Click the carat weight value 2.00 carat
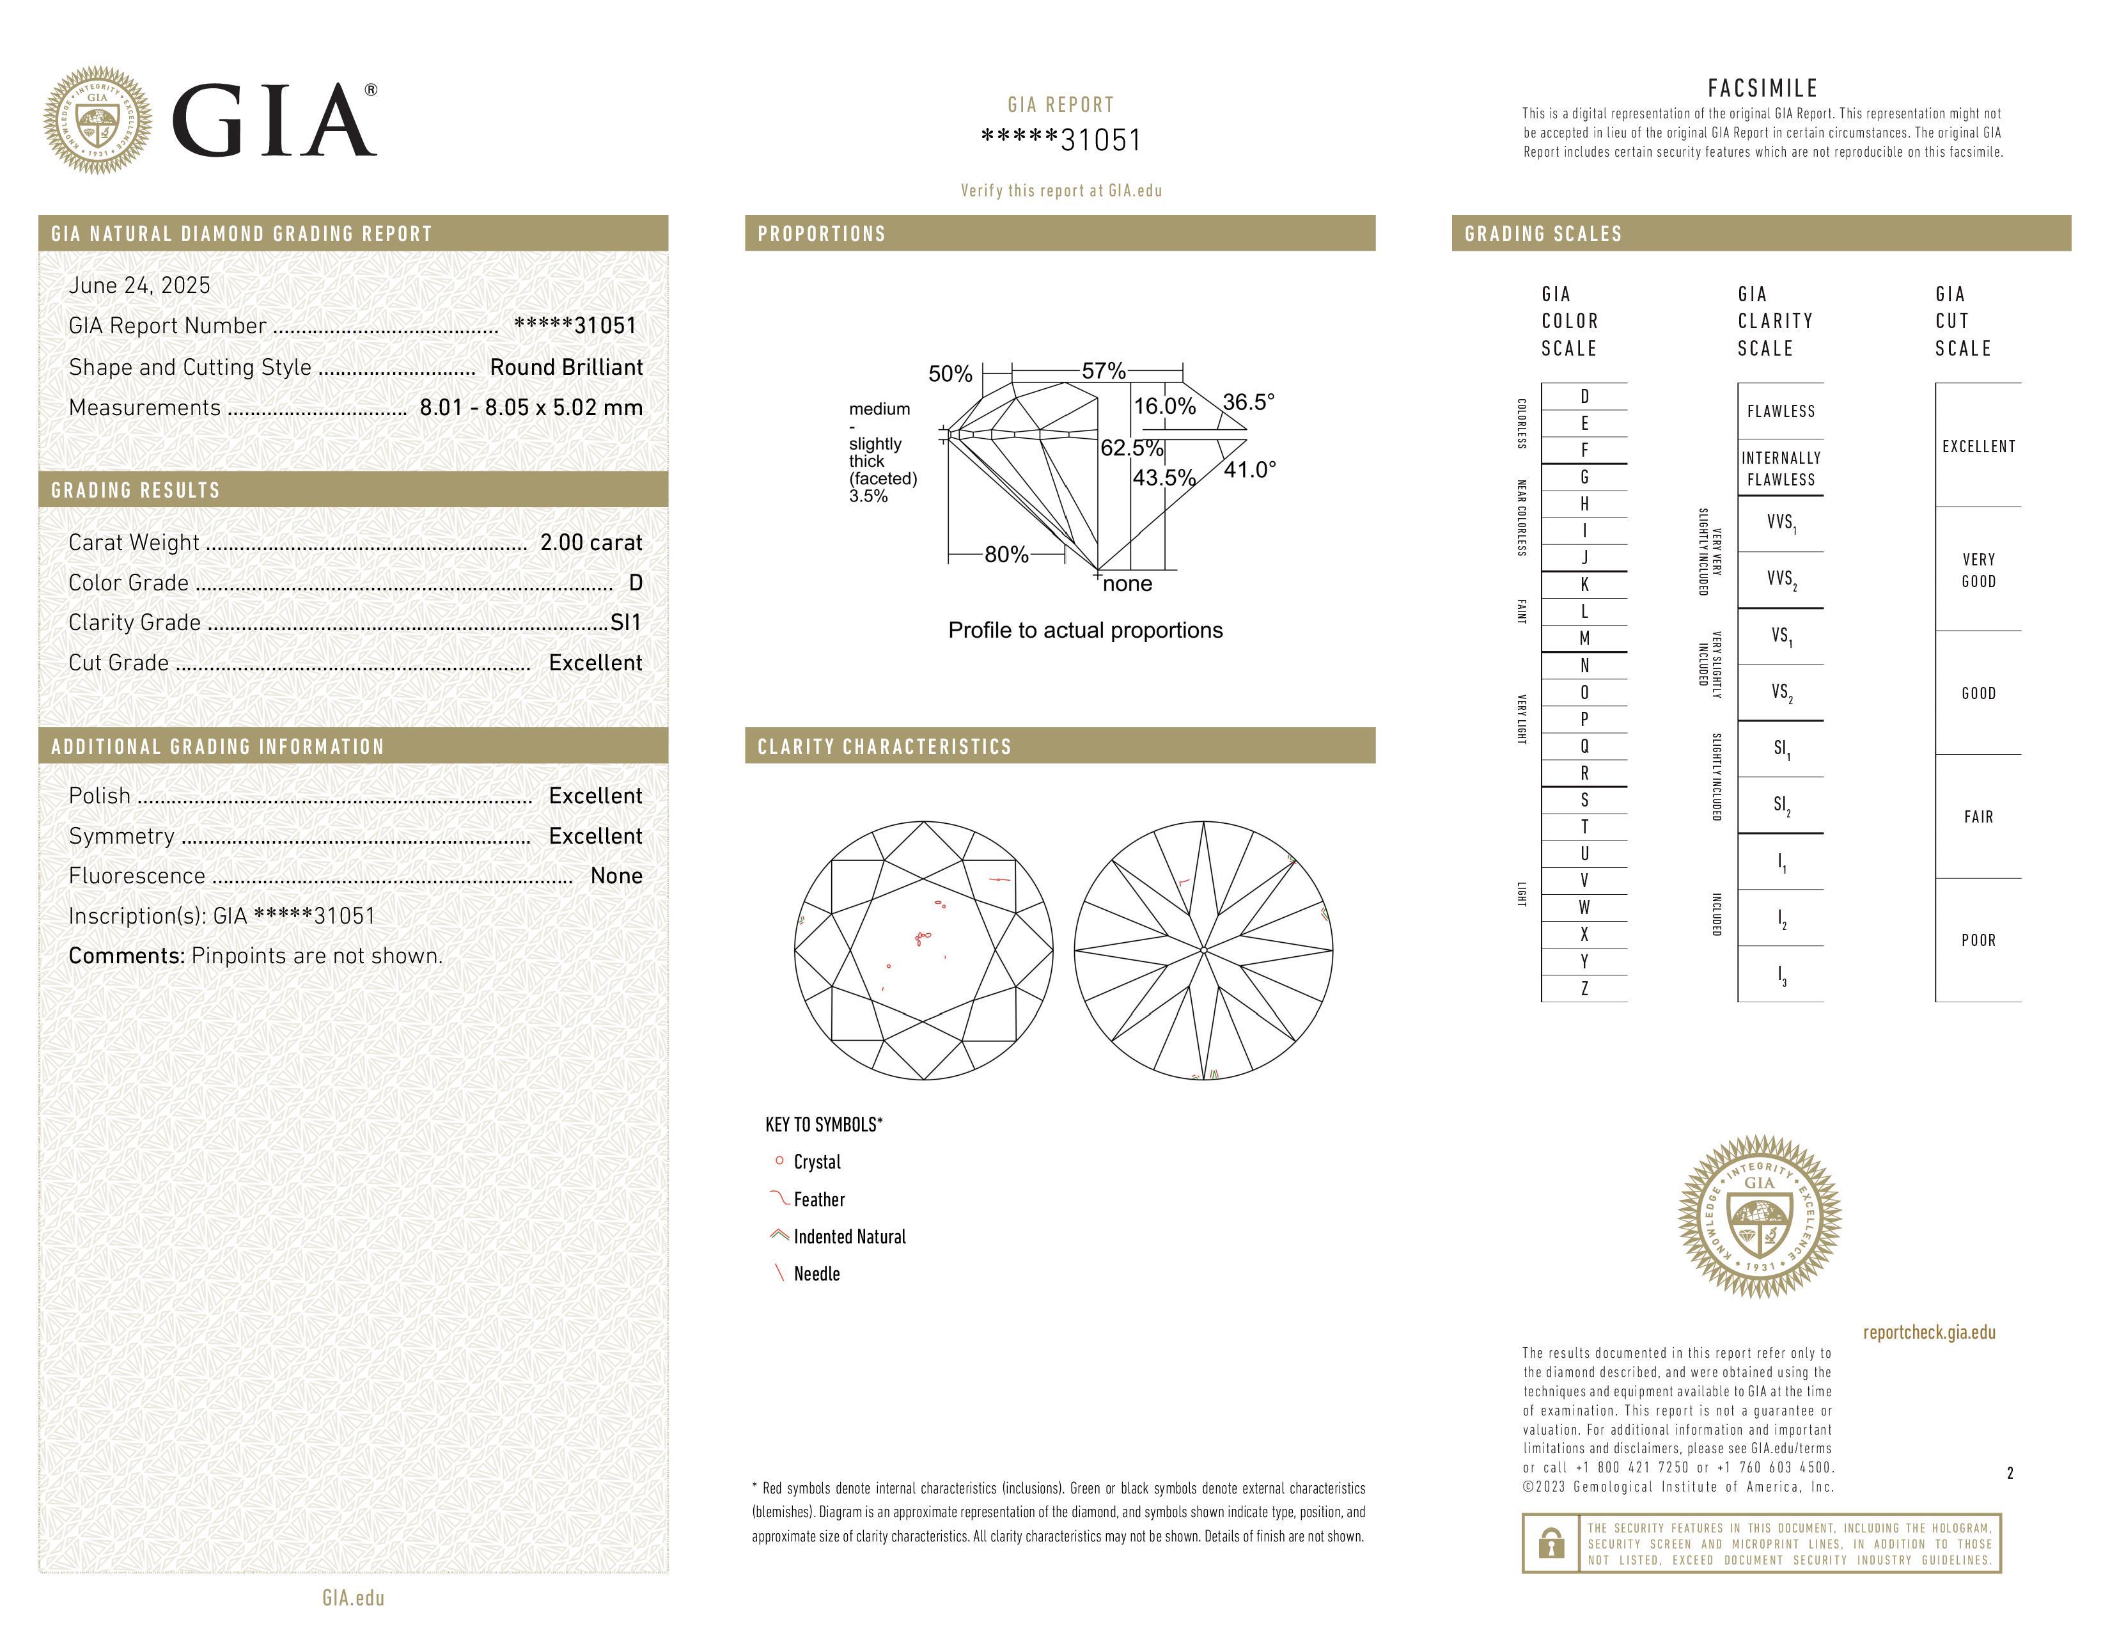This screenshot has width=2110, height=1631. click(590, 543)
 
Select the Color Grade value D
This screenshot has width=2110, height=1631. click(635, 583)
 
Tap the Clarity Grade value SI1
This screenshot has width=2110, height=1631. click(625, 622)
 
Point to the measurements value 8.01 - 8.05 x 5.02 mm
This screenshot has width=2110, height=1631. click(531, 408)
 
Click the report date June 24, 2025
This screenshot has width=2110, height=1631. click(139, 285)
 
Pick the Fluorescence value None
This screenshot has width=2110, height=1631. click(615, 876)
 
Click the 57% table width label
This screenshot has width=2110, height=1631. click(1104, 371)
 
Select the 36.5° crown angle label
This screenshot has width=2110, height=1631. click(1248, 402)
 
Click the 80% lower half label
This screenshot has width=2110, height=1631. click(1006, 555)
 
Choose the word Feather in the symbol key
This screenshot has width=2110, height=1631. click(819, 1200)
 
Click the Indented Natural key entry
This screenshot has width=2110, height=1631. click(849, 1237)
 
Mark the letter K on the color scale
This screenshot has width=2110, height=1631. click(1584, 585)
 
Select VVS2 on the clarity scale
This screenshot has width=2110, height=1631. click(1781, 579)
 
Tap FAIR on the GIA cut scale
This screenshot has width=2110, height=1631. click(1978, 817)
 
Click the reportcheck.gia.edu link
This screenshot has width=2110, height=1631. click(1928, 1332)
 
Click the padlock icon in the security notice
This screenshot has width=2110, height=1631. click(1551, 1543)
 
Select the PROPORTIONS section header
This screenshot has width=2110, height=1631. click(821, 234)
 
